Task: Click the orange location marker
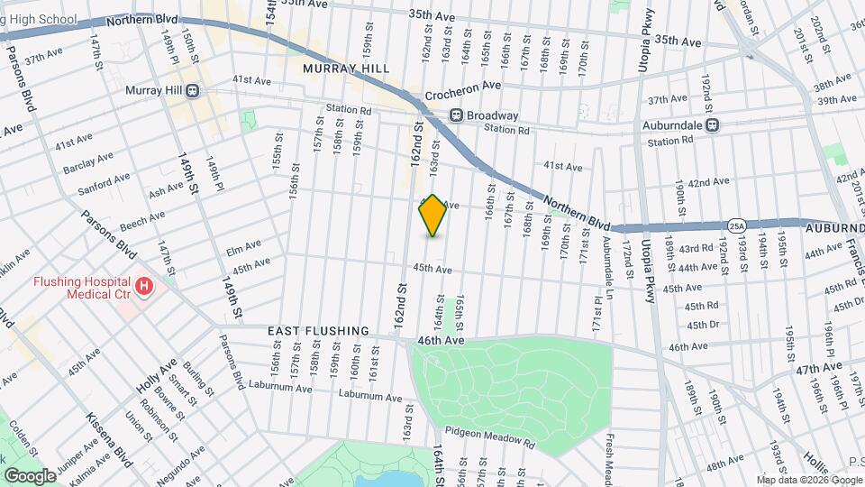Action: [432, 216]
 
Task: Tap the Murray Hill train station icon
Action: [193, 91]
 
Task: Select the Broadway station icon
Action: [456, 115]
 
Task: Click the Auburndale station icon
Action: [712, 125]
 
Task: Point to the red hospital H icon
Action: [143, 288]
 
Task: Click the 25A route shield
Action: [737, 225]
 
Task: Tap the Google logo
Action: [30, 475]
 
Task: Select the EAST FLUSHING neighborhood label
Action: [318, 331]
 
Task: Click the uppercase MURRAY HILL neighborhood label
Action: [346, 69]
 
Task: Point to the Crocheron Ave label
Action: [462, 86]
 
